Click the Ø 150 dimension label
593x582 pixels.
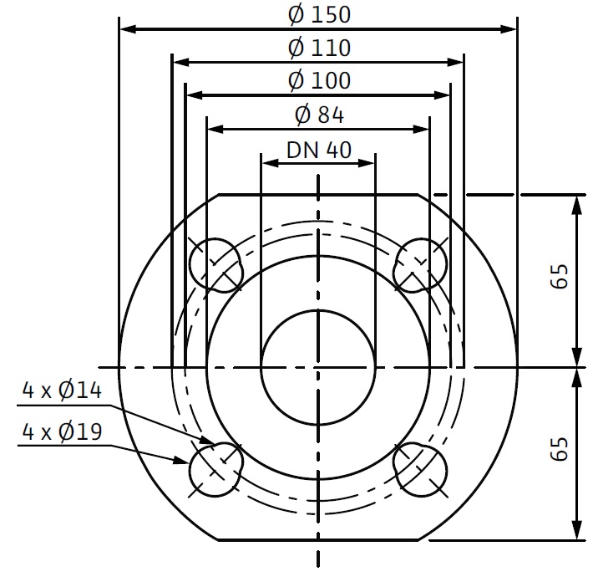click(320, 15)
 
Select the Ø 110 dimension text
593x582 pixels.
click(320, 48)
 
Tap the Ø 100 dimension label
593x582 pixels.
click(320, 80)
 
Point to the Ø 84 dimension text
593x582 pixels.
click(320, 115)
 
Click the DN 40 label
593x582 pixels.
click(319, 150)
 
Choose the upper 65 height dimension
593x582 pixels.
click(560, 276)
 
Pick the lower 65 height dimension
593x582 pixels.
click(560, 449)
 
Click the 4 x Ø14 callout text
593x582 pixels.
click(63, 390)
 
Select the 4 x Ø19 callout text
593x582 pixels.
click(63, 431)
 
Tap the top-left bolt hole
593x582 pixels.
click(216, 265)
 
